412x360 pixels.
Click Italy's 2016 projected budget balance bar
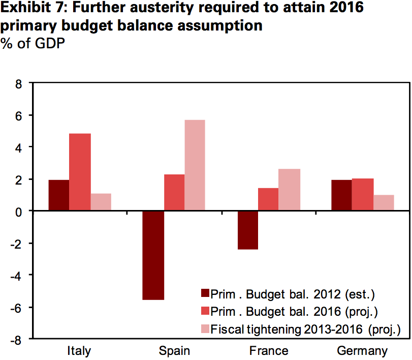pyautogui.click(x=80, y=172)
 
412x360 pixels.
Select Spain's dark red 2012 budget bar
pyautogui.click(x=153, y=255)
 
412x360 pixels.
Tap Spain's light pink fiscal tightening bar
pyautogui.click(x=195, y=165)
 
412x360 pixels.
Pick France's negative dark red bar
pyautogui.click(x=247, y=230)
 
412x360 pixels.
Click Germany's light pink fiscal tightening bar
pyautogui.click(x=384, y=202)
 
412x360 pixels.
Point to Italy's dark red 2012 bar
pyautogui.click(x=59, y=195)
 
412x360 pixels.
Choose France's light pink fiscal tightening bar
pyautogui.click(x=290, y=190)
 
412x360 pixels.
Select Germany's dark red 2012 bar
pyautogui.click(x=341, y=195)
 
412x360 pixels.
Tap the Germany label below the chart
pyautogui.click(x=362, y=351)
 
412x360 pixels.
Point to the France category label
pyautogui.click(x=269, y=351)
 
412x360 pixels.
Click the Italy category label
pyautogui.click(x=79, y=351)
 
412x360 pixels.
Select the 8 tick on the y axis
pyautogui.click(x=18, y=83)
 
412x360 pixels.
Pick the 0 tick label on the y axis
pyautogui.click(x=18, y=211)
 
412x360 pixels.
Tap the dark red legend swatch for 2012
pyautogui.click(x=205, y=293)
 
